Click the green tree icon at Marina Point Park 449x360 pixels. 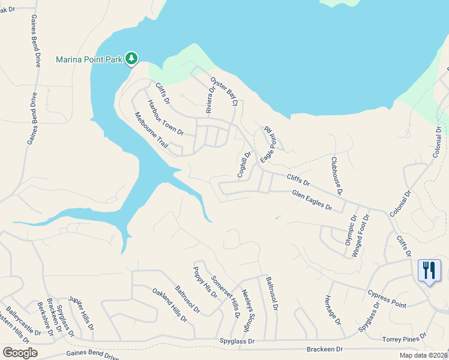(x=131, y=59)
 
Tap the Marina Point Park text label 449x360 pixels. (x=89, y=59)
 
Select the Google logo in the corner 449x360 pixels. (x=20, y=353)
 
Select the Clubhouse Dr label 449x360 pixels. (x=336, y=175)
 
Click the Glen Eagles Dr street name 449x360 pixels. (x=312, y=200)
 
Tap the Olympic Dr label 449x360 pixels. (x=350, y=232)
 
